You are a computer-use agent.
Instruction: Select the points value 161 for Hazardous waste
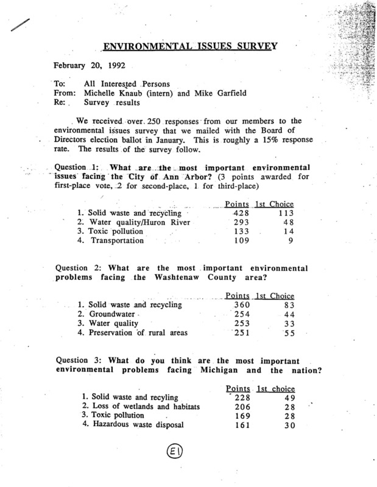(x=234, y=425)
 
